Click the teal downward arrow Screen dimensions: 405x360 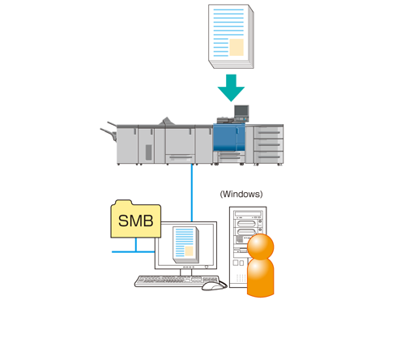[231, 88]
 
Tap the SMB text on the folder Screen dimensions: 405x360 [136, 221]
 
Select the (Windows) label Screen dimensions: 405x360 [241, 194]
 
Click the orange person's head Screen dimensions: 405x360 [261, 246]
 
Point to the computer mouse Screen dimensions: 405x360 [213, 286]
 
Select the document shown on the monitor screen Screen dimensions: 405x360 [186, 245]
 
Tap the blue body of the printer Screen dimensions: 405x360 [229, 137]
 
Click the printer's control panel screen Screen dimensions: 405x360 [241, 111]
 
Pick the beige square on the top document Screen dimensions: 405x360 [237, 47]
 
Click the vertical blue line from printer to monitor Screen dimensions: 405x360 [192, 193]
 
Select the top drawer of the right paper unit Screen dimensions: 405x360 [269, 132]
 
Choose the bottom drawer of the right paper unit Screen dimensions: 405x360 [269, 157]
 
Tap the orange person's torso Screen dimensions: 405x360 [261, 277]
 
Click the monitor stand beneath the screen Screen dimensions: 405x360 [185, 272]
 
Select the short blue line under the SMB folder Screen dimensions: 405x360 [136, 245]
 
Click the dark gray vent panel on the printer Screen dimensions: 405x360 [148, 152]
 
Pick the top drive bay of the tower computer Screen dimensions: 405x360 [249, 214]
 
